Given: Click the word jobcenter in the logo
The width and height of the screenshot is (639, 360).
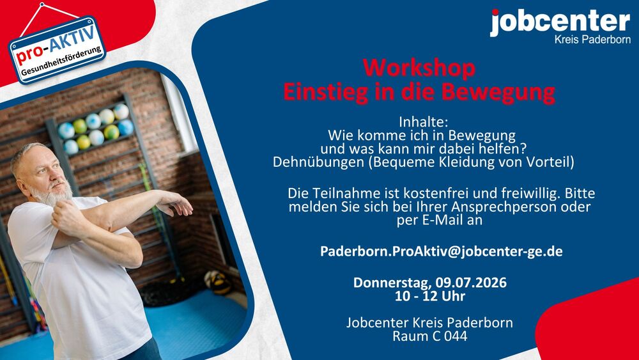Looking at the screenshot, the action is [x=560, y=23].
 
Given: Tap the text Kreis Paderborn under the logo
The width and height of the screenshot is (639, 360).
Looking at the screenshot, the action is [x=592, y=40].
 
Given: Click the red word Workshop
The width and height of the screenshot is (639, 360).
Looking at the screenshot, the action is [x=419, y=68].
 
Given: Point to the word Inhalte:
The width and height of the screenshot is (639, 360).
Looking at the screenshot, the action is [x=423, y=122].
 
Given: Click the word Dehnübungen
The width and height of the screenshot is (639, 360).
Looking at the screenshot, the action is [x=318, y=162].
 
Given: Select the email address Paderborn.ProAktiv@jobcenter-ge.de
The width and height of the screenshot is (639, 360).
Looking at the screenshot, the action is [x=442, y=251].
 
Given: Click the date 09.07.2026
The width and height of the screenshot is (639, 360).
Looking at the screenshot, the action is [x=471, y=283].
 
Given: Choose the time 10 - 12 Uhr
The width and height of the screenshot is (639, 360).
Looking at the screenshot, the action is [x=430, y=296].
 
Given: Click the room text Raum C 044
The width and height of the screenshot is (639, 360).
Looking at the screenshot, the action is [x=429, y=336].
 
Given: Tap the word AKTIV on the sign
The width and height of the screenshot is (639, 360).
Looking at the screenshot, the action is [x=73, y=40].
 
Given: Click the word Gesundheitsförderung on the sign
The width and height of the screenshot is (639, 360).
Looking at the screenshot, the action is [x=61, y=61].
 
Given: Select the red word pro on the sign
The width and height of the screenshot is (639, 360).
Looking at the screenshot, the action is [x=29, y=55].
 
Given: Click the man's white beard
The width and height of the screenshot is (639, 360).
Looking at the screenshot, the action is [x=52, y=194].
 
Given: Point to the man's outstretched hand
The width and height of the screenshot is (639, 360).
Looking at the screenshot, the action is [x=176, y=203].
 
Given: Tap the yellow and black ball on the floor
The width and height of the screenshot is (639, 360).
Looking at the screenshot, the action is [x=218, y=282].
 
